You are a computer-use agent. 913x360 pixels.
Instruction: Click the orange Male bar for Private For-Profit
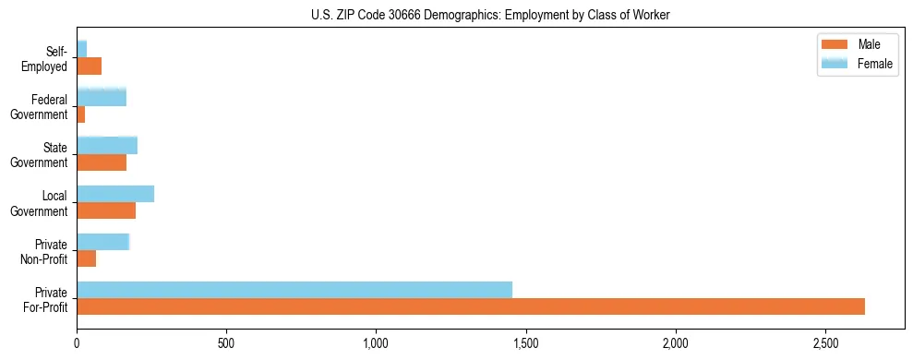point(471,306)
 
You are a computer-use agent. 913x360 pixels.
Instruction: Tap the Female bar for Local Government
point(115,193)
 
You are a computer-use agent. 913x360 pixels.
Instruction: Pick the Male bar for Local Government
point(106,210)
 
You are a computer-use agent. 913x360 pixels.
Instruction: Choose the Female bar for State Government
point(107,145)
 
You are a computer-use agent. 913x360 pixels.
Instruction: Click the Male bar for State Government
point(102,162)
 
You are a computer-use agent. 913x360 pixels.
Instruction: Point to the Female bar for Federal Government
point(102,97)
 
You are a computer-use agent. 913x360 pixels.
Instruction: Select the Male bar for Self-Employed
point(89,66)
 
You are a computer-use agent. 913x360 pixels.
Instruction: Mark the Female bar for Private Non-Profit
point(102,241)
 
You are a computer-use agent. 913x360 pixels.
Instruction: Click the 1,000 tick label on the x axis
point(377,343)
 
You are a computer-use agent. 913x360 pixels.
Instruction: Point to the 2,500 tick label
point(826,343)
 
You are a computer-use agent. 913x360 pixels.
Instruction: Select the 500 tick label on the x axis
point(226,343)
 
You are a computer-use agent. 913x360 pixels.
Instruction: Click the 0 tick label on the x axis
point(77,343)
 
